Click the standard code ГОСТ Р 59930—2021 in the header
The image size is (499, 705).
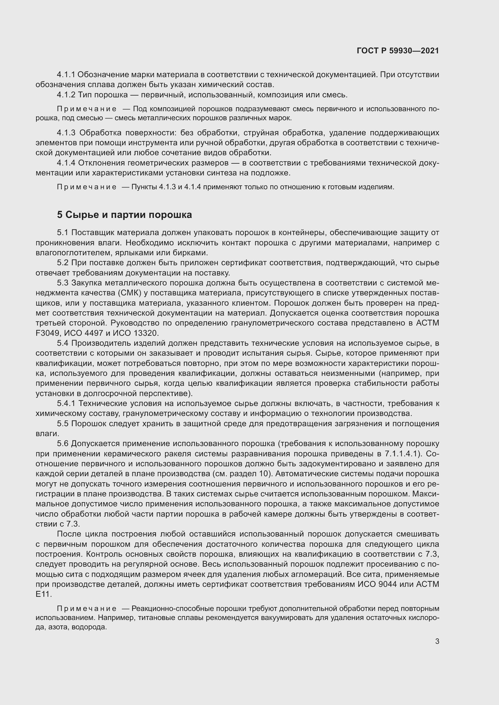398,51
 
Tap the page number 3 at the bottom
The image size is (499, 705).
437,641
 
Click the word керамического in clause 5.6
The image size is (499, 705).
131,454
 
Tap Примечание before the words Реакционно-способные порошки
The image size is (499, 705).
87,608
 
